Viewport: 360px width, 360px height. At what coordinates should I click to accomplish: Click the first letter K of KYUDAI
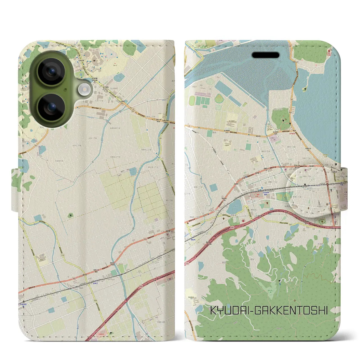[213, 310]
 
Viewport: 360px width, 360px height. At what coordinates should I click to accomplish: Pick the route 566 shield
[160, 138]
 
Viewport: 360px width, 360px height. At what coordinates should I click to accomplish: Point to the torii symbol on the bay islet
[304, 89]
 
